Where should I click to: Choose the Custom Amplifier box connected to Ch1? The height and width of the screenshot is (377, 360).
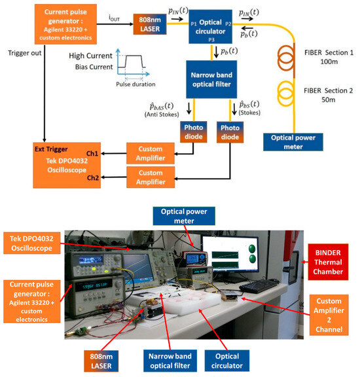click(x=155, y=153)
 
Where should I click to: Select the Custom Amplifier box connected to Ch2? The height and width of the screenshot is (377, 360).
click(x=155, y=177)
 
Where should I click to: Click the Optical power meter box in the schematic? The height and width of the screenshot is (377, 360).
click(x=292, y=141)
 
